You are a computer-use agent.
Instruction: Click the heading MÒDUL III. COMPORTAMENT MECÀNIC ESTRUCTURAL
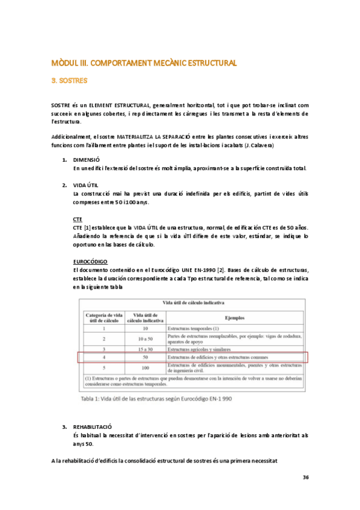tap(144, 63)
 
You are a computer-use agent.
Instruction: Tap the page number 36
tap(305, 478)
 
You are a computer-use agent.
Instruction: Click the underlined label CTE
tap(77, 219)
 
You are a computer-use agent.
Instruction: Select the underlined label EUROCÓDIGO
tap(90, 262)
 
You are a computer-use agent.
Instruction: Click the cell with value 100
tap(145, 367)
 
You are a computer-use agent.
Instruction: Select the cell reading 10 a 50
tap(145, 339)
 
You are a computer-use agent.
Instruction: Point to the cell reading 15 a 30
tap(145, 349)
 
